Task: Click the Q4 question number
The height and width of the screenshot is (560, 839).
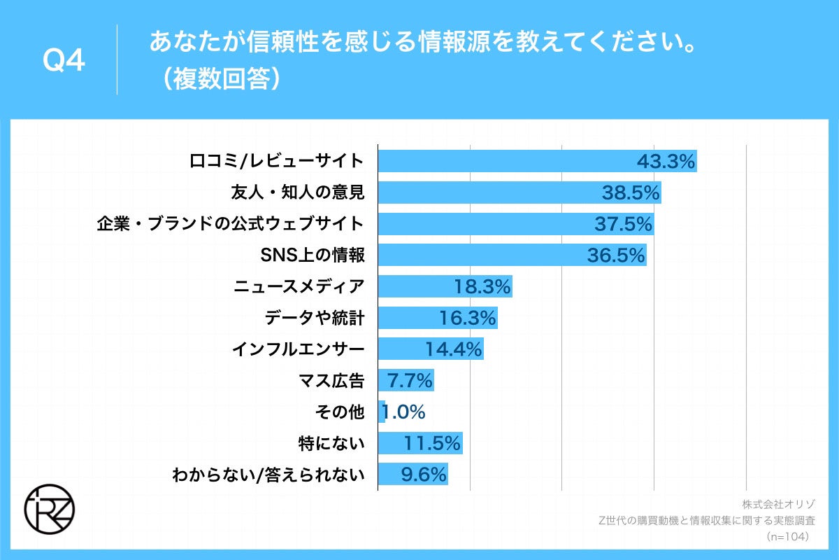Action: (64, 62)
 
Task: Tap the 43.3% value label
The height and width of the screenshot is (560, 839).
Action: (666, 162)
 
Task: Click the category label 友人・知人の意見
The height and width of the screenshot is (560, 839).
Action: (297, 192)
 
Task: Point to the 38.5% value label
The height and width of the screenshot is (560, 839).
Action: (631, 193)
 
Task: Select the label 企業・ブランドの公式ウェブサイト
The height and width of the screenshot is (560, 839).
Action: (230, 224)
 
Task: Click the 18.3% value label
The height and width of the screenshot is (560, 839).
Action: (482, 287)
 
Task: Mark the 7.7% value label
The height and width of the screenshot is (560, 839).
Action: (410, 381)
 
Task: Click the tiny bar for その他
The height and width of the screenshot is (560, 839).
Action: (382, 412)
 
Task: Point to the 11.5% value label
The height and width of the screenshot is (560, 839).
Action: (432, 444)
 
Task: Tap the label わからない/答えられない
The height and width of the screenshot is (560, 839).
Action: (268, 475)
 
